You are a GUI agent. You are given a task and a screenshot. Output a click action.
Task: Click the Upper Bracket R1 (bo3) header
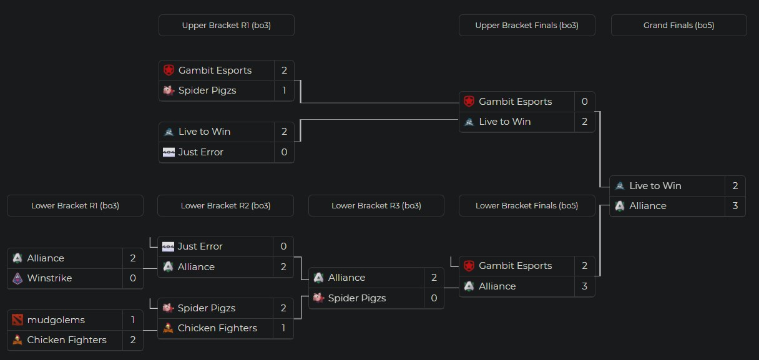coord(226,26)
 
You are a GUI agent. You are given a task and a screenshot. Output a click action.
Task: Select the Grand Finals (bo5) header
coord(678,26)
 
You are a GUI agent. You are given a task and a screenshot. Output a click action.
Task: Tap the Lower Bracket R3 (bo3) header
coord(376,205)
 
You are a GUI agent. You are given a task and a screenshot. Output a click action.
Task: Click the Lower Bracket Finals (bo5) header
coord(526,205)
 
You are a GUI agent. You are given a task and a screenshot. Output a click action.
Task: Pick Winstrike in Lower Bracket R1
coord(49,278)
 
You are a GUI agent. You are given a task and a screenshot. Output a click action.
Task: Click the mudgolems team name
coord(56,320)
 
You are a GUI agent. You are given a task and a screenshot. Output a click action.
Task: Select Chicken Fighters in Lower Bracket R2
coord(217,328)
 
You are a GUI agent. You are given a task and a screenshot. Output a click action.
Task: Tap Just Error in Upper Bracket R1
coord(200,152)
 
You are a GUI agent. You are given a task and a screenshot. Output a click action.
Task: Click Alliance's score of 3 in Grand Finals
coord(735,206)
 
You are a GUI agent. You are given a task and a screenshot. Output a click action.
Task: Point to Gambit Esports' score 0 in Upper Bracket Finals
coord(584,102)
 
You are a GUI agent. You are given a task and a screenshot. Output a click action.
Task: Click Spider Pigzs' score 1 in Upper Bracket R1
coord(284,90)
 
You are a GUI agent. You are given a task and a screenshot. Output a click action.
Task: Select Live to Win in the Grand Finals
coord(655,186)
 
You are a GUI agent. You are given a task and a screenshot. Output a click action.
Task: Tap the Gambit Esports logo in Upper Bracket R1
coord(169,71)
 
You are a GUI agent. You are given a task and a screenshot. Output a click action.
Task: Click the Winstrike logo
coord(17,278)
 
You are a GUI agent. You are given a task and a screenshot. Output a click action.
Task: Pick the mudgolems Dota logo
coord(17,320)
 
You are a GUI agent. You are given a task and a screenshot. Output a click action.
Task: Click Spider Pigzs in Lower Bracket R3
coord(356,298)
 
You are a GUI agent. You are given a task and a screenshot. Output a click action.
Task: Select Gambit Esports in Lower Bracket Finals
coord(515,266)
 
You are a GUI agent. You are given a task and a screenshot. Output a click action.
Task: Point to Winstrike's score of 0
coord(132,278)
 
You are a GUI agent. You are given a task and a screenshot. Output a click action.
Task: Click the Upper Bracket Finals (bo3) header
coord(526,26)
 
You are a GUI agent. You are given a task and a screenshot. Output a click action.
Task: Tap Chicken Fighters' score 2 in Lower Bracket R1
coord(132,340)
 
